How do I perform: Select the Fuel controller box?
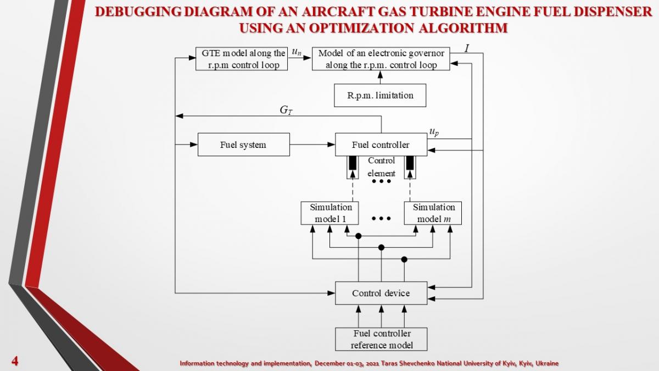(381, 145)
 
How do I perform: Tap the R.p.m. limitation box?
(380, 96)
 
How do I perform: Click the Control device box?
(381, 293)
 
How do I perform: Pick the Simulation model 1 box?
(330, 213)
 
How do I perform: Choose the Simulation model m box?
(433, 213)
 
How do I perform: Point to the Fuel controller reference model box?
(381, 339)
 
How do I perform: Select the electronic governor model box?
(381, 59)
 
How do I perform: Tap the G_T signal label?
(286, 110)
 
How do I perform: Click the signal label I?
(466, 48)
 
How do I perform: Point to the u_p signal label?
(434, 132)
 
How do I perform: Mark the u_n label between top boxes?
(297, 53)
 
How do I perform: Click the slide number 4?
(15, 361)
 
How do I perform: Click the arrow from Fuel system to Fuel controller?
(312, 145)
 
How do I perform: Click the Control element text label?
(381, 167)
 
